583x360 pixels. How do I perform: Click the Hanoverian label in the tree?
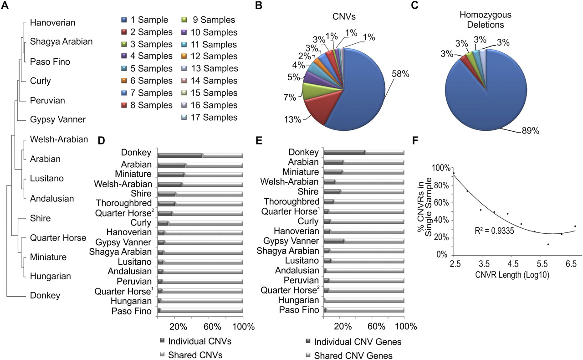53,22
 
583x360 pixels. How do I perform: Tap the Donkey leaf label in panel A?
45,295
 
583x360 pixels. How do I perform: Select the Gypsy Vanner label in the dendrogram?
58,120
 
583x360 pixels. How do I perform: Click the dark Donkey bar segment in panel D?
180,155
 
